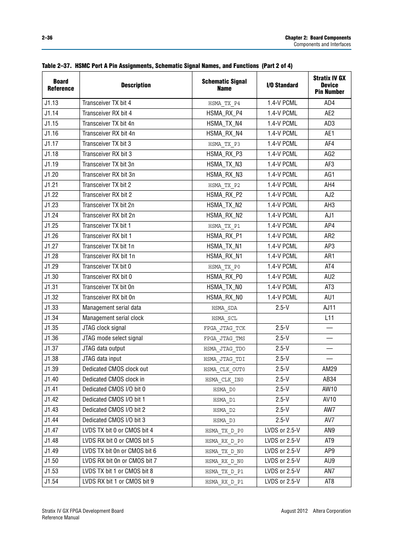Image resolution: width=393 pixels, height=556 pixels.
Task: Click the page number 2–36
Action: [47, 37]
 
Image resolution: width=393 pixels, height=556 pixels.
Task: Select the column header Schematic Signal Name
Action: [224, 85]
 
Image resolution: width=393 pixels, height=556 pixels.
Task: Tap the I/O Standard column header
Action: [282, 85]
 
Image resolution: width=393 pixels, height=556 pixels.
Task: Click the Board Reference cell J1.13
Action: [51, 103]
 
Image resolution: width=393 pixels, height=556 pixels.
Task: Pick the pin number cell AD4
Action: [329, 103]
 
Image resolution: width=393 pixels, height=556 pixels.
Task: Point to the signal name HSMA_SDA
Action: [224, 308]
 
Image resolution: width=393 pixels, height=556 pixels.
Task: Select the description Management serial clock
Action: [113, 318]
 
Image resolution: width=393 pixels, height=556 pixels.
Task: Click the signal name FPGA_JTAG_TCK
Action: [224, 328]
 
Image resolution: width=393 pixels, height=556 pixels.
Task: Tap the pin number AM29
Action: [329, 369]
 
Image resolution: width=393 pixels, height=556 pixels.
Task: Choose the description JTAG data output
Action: [103, 348]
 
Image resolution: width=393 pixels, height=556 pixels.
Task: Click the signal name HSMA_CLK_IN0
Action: [224, 380]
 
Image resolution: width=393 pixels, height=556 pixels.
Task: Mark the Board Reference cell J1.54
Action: [51, 481]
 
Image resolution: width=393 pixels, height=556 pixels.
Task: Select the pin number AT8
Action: [329, 481]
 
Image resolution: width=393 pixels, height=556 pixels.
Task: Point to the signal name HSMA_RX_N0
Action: [224, 297]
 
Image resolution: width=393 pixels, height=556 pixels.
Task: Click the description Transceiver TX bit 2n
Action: [108, 205]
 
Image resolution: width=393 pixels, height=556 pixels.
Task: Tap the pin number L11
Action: [329, 318]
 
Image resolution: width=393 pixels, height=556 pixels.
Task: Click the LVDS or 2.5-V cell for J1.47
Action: [282, 430]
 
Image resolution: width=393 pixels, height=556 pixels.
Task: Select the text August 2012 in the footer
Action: [294, 511]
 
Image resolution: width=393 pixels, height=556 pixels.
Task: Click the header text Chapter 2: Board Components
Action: [318, 37]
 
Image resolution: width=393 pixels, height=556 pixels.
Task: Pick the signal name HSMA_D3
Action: [224, 421]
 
